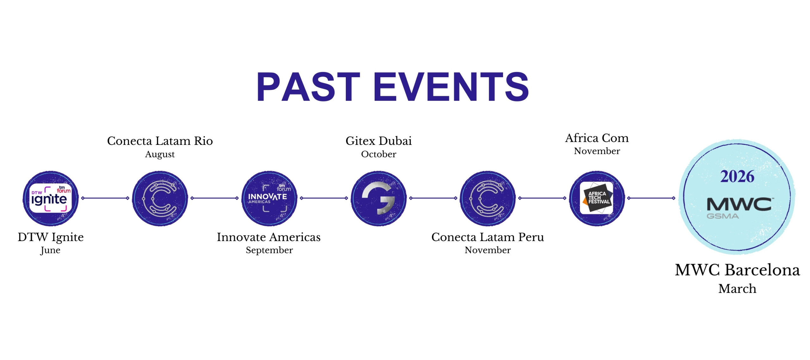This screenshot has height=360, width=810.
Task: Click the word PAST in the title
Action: [x=308, y=87]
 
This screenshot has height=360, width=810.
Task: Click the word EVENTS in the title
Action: [x=451, y=87]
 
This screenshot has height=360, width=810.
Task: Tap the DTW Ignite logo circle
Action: [x=51, y=198]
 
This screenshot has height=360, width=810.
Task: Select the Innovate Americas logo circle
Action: [x=269, y=198]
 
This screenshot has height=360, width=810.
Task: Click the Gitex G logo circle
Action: [x=378, y=198]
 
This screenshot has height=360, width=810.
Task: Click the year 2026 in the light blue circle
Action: [x=737, y=177]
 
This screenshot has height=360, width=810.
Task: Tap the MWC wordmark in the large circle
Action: [x=739, y=204]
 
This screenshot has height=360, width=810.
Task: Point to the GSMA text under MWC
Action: [x=723, y=216]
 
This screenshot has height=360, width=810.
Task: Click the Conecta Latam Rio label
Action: [x=160, y=141]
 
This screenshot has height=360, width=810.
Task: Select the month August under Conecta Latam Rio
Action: [x=160, y=154]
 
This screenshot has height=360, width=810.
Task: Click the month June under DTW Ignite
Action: [x=50, y=250]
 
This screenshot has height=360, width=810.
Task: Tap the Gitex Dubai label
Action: [x=378, y=141]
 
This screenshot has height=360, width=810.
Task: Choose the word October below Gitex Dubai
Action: [x=378, y=154]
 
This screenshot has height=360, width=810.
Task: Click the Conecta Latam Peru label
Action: [x=488, y=237]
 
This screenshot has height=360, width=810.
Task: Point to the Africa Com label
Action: [x=597, y=138]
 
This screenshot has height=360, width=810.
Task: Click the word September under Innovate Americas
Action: [x=269, y=250]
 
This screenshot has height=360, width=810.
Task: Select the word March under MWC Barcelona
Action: [x=737, y=289]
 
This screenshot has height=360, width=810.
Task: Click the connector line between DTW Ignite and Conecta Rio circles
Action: [x=105, y=198]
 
